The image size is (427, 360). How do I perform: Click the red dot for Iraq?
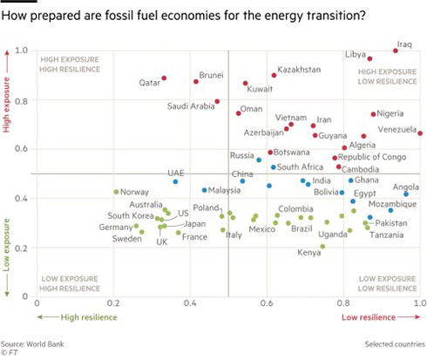[396, 51]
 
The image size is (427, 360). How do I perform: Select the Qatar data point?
[164, 78]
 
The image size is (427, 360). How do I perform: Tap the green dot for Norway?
[116, 192]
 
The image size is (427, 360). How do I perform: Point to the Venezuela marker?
[420, 133]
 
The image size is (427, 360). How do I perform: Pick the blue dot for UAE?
[175, 182]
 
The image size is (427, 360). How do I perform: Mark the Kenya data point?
[322, 247]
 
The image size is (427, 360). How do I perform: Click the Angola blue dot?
[406, 194]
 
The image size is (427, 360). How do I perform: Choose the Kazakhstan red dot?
[274, 76]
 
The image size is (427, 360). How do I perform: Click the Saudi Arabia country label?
[191, 106]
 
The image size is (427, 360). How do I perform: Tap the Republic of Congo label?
[372, 157]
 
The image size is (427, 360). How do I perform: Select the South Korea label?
[131, 215]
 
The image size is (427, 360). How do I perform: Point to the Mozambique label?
[392, 204]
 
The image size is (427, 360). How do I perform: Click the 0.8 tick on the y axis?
[21, 101]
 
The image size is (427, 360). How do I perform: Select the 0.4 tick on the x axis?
[190, 303]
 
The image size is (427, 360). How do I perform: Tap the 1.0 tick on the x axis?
[420, 303]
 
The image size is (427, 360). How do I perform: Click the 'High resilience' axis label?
[89, 317]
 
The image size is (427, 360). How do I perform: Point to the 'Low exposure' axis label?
[6, 245]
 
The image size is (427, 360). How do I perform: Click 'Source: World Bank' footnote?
[32, 344]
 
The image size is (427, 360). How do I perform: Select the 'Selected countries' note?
[395, 344]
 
